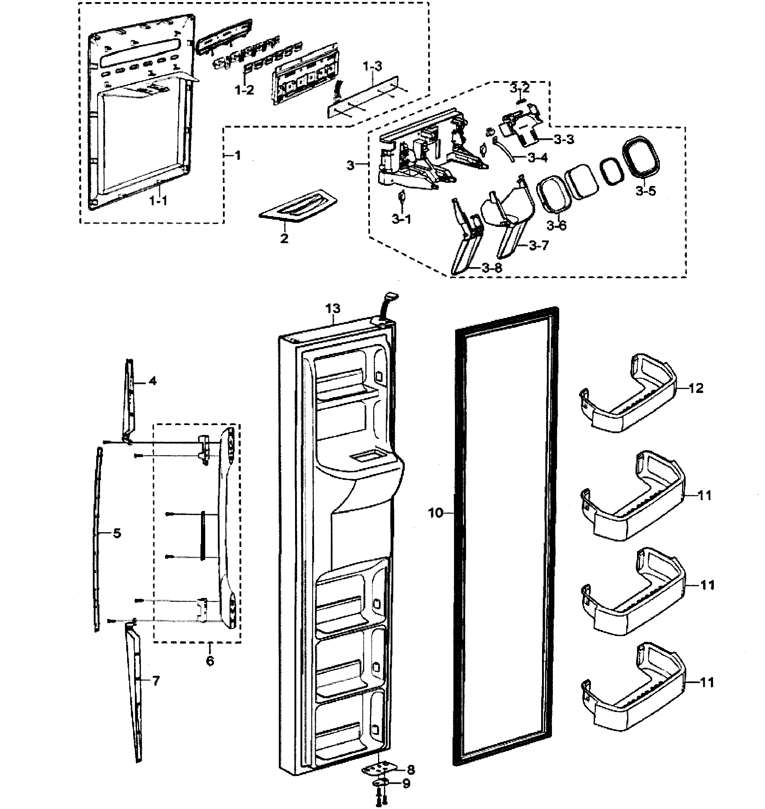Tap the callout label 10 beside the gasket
pos(435,513)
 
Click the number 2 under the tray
pos(284,238)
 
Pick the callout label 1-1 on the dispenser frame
pos(159,201)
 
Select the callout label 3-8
pos(492,268)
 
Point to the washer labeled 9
pos(380,783)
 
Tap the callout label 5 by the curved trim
pos(117,533)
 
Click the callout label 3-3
pos(564,139)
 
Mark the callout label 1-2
pos(244,90)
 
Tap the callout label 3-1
pos(402,219)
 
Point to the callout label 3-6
pos(556,225)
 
